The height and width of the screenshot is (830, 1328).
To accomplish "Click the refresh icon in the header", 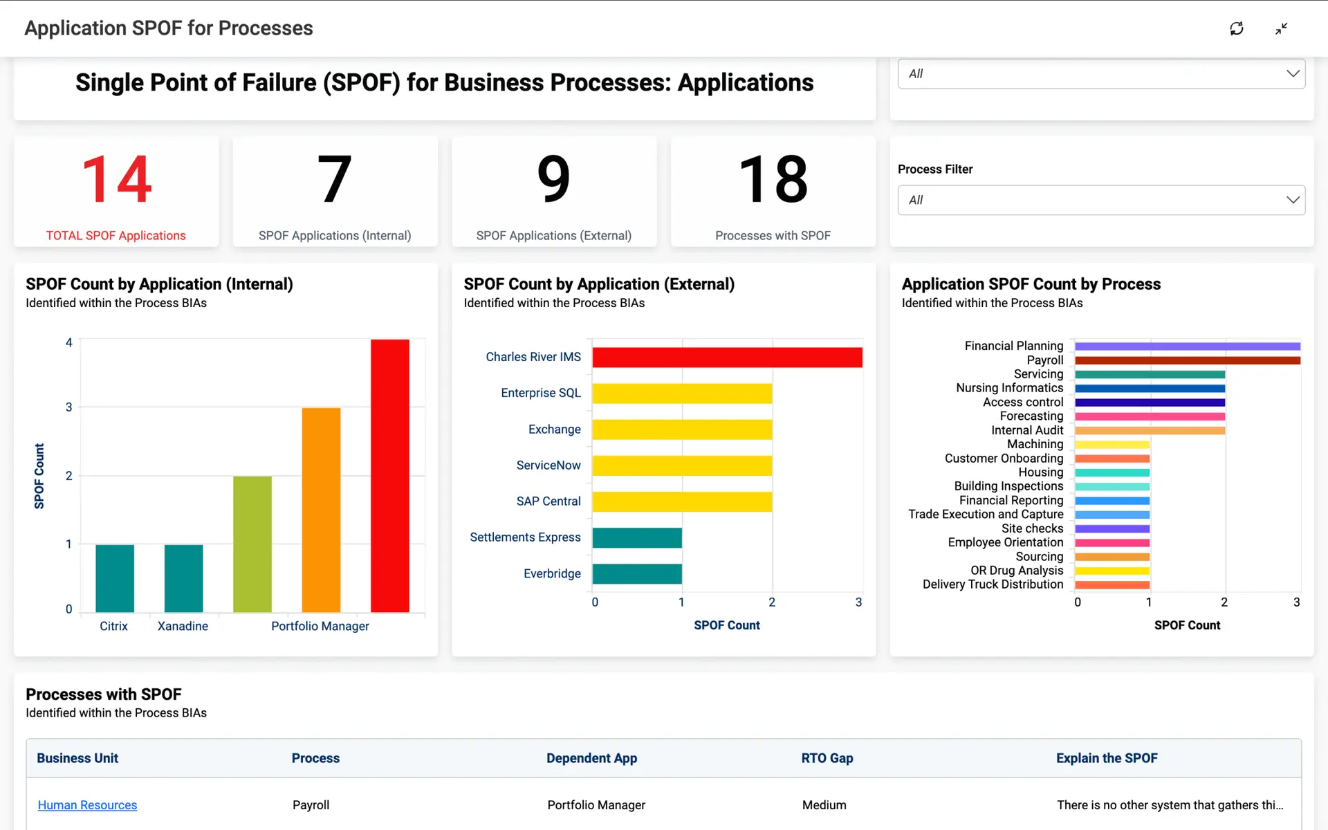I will pyautogui.click(x=1236, y=28).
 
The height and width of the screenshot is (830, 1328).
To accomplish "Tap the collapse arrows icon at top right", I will pyautogui.click(x=1281, y=28).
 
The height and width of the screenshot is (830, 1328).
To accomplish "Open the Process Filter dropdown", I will pyautogui.click(x=1100, y=200).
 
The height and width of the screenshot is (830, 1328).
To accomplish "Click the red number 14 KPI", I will pyautogui.click(x=116, y=179).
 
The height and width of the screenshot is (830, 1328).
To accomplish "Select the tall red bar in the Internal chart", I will pyautogui.click(x=389, y=475).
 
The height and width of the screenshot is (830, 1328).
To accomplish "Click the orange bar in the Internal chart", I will pyautogui.click(x=321, y=510).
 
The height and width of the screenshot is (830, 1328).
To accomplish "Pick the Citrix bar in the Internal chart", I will pyautogui.click(x=115, y=578).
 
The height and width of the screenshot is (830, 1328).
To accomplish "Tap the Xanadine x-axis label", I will pyautogui.click(x=183, y=626).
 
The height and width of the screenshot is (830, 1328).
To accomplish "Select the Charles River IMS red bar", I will pyautogui.click(x=727, y=357).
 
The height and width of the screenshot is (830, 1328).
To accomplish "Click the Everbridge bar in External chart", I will pyautogui.click(x=637, y=573).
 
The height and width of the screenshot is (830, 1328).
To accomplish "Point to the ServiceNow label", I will pyautogui.click(x=548, y=465).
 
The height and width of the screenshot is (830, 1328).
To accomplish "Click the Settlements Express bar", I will pyautogui.click(x=637, y=537).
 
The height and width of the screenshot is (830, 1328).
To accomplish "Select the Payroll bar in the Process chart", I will pyautogui.click(x=1187, y=360).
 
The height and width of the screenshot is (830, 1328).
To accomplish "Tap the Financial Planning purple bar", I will pyautogui.click(x=1187, y=346).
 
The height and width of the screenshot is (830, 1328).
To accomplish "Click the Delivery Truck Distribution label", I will pyautogui.click(x=993, y=584).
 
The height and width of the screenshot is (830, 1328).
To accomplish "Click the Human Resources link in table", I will pyautogui.click(x=87, y=805).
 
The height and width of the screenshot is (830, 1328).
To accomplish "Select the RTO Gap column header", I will pyautogui.click(x=827, y=758).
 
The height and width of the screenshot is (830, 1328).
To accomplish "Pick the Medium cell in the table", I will pyautogui.click(x=824, y=805).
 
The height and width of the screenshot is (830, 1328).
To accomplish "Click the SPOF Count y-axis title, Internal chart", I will pyautogui.click(x=39, y=476).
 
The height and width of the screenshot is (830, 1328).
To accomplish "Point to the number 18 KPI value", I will pyautogui.click(x=773, y=179).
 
